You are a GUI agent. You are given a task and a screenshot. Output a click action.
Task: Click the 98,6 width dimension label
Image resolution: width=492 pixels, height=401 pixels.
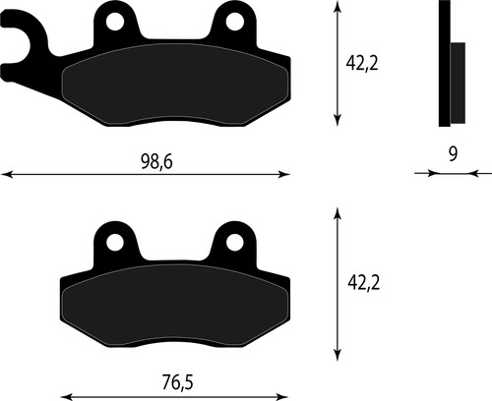(156, 161)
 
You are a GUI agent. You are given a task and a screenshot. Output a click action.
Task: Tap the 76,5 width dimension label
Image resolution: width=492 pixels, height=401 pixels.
(177, 382)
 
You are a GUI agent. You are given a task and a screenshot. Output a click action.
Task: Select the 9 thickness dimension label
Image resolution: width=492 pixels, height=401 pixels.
(453, 154)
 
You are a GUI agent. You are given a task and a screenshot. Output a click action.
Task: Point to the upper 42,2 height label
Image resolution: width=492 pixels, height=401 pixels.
(362, 63)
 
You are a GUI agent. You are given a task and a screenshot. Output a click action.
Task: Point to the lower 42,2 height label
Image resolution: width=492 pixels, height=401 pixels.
(363, 283)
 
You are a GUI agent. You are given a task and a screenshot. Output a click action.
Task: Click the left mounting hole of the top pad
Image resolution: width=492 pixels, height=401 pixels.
(115, 22)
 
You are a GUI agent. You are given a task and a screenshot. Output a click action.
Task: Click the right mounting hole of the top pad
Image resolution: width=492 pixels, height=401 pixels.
(235, 22)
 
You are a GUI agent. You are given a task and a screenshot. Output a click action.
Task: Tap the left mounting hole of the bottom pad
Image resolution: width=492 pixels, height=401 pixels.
(115, 243)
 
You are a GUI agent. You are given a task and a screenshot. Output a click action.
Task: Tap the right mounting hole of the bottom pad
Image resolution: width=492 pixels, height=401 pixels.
(235, 243)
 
